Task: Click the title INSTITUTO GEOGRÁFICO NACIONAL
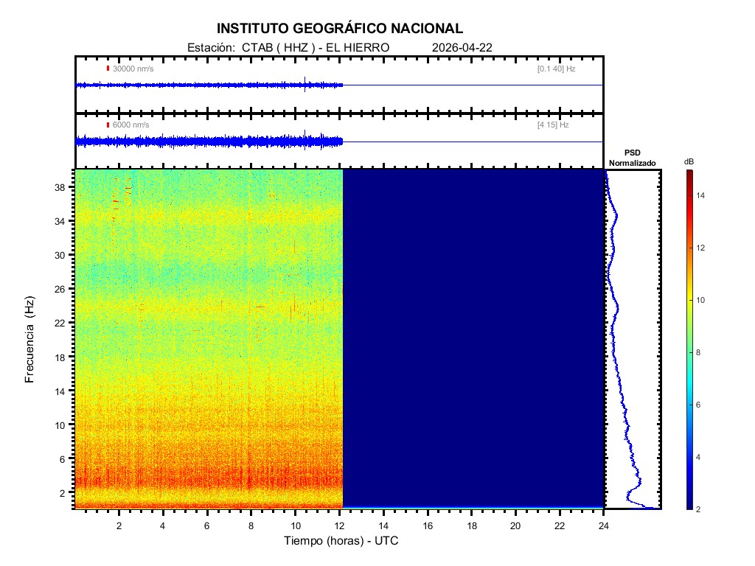click(x=340, y=29)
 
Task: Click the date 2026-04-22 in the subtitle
click(x=462, y=47)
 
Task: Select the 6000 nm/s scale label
click(x=131, y=125)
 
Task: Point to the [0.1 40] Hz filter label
click(x=557, y=69)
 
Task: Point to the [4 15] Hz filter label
click(x=553, y=125)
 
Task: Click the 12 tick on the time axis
click(x=339, y=525)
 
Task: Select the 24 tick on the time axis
click(x=604, y=525)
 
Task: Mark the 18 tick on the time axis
click(x=472, y=525)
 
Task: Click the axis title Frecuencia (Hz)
click(x=30, y=340)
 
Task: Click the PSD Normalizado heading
click(x=632, y=158)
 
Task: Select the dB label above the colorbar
click(x=689, y=161)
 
